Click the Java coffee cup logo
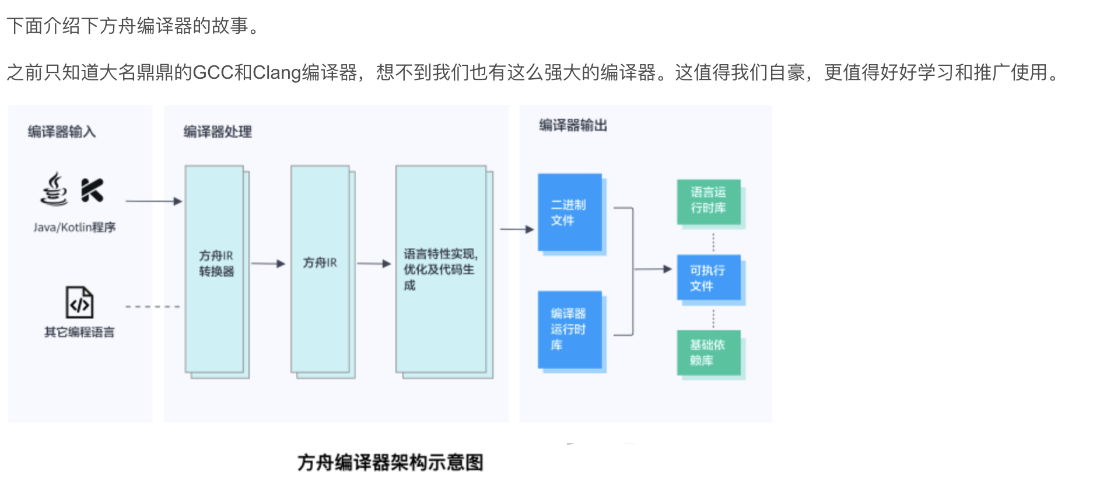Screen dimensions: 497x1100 (54, 189)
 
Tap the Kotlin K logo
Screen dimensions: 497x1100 (92, 190)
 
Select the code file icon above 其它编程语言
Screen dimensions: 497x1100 (79, 302)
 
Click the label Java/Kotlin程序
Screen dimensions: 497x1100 (74, 228)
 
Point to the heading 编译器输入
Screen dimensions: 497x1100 (61, 132)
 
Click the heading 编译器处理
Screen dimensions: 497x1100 (218, 132)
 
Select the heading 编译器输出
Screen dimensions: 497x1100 (573, 125)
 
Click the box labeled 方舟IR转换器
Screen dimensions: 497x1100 (215, 268)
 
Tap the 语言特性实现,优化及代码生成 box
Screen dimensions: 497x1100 (441, 268)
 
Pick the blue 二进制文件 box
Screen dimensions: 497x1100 (569, 212)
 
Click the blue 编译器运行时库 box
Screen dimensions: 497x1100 (569, 330)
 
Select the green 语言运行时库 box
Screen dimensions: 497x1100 (709, 201)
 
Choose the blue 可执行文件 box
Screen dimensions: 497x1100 (709, 278)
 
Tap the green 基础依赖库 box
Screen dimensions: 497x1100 (709, 353)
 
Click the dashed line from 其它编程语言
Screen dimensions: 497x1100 (153, 306)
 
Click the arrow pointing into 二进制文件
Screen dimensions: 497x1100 (517, 229)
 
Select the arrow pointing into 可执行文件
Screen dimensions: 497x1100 (653, 269)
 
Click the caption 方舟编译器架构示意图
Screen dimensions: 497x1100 (390, 463)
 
